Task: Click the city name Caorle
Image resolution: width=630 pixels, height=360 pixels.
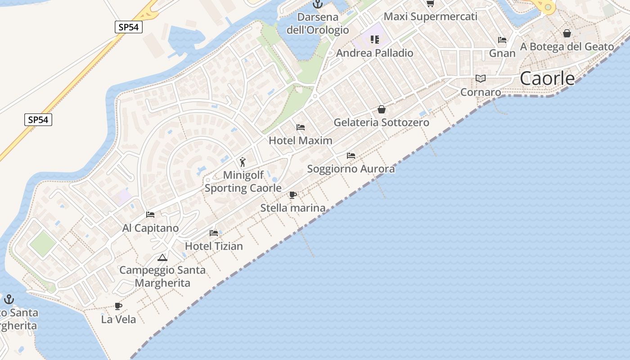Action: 547,79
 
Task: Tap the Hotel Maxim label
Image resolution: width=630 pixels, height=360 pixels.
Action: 300,140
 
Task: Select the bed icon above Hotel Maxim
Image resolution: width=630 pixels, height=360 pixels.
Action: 301,127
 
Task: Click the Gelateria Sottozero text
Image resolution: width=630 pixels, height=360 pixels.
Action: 381,122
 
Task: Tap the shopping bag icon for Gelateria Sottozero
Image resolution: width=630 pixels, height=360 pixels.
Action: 382,109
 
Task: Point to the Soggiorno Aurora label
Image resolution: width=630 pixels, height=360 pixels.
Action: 351,169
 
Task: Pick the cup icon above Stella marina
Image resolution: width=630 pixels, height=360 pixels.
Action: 293,195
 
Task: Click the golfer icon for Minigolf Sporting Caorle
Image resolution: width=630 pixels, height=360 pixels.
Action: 243,162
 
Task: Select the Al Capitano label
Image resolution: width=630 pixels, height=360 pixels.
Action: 150,228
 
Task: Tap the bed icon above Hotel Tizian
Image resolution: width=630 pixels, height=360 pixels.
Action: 214,233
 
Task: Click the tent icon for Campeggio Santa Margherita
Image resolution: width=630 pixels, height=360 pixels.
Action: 162,257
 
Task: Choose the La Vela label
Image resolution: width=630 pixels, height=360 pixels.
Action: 118,319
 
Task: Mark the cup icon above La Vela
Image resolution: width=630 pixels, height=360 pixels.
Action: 118,306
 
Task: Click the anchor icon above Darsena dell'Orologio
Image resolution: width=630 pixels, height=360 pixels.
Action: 318,4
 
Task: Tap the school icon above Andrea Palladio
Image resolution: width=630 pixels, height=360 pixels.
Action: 375,40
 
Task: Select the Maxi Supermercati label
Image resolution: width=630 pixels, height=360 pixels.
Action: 430,17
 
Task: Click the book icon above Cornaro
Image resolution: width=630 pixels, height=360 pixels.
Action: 481,79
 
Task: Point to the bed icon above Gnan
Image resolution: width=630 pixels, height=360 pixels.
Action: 502,40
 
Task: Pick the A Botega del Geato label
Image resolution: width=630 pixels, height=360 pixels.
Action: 567,46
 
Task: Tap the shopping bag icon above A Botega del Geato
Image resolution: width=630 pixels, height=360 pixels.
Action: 567,33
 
